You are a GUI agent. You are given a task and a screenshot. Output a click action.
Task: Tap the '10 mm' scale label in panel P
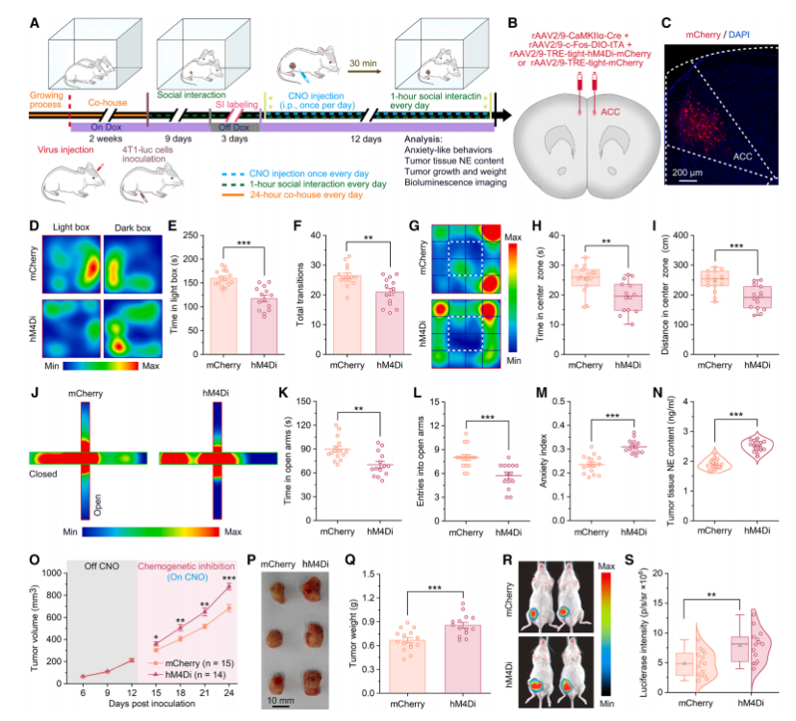(280, 701)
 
